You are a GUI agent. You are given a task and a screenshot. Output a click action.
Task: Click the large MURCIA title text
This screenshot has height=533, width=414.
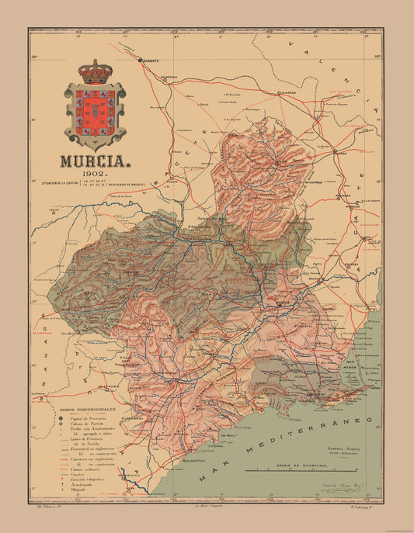pos(96,164)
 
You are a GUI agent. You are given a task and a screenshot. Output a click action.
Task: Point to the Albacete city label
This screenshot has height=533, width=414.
pos(151,59)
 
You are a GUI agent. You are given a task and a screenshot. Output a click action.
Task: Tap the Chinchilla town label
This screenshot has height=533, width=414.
pos(172,76)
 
